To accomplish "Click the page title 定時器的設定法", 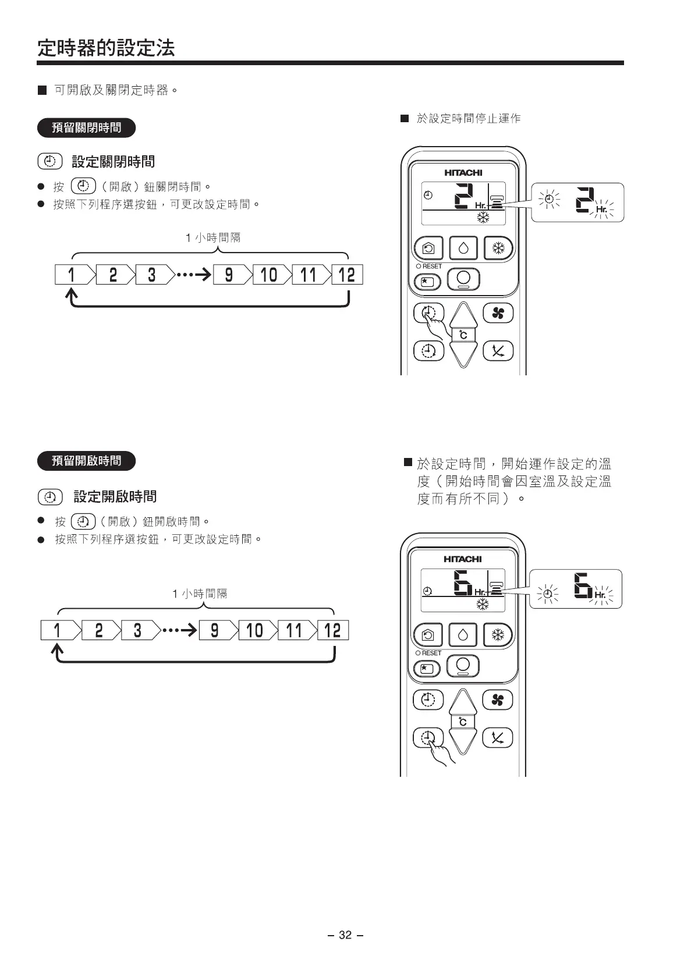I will (106, 48).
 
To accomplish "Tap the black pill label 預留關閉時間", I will (86, 127).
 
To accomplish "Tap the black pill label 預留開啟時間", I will (86, 461).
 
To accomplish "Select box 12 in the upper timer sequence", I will (347, 275).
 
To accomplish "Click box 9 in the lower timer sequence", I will (215, 630).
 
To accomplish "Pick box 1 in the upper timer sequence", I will (72, 275).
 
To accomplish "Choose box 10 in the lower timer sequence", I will (255, 630).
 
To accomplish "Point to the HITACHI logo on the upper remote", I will (463, 173).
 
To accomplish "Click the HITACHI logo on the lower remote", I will (463, 559).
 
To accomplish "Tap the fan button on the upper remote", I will (498, 314).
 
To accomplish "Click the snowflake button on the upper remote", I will (498, 248).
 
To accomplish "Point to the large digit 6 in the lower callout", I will (582, 585).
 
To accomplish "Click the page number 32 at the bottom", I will (345, 935).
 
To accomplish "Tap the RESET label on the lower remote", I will (431, 653).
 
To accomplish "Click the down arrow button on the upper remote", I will (463, 352).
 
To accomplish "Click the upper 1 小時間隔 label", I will (213, 237).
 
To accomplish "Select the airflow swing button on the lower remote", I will (498, 738).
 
